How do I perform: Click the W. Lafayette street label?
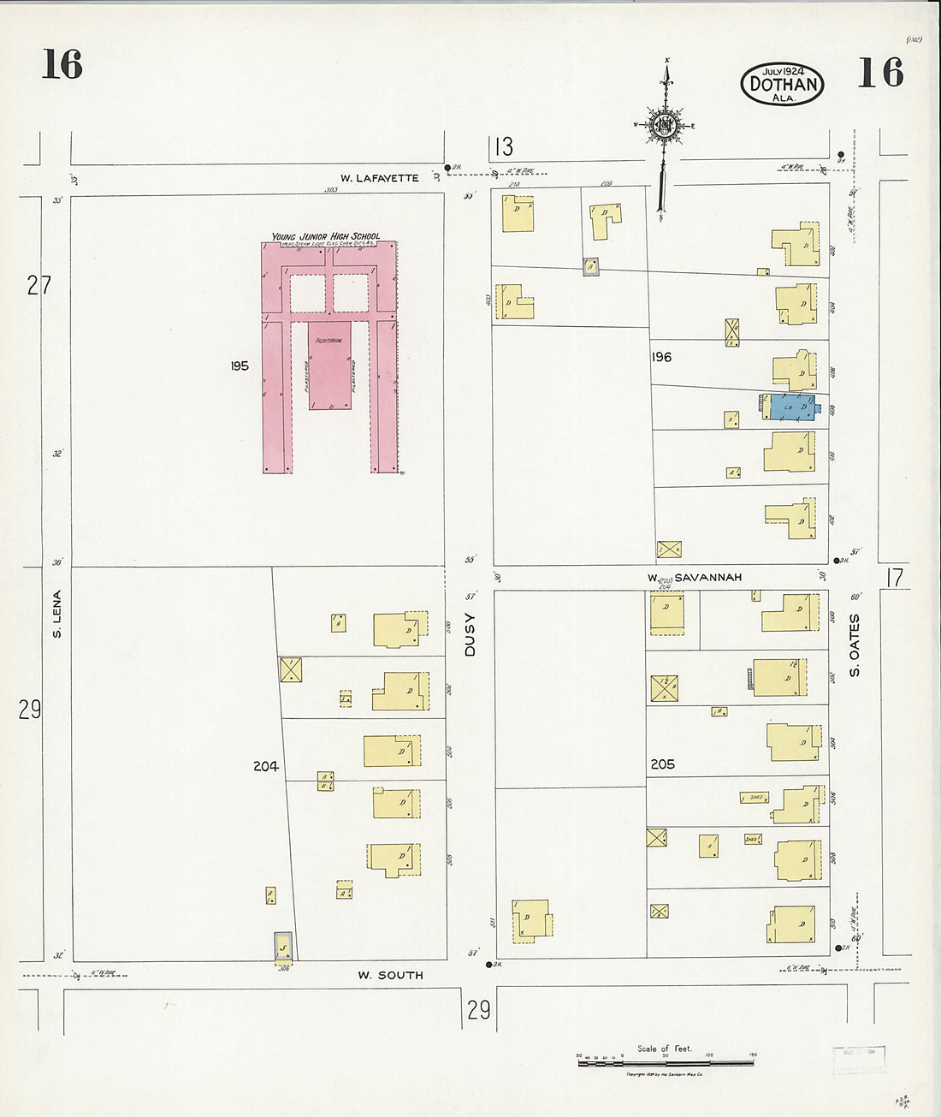point(379,178)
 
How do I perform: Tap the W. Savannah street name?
point(694,578)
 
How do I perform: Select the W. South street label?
point(390,975)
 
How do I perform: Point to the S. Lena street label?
point(57,614)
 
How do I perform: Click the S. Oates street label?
point(855,645)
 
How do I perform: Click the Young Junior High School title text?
point(326,236)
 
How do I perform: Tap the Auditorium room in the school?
point(328,364)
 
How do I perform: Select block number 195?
point(240,365)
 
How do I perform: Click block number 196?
point(661,357)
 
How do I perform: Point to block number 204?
point(265,766)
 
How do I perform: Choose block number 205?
point(662,764)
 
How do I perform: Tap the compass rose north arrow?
point(665,128)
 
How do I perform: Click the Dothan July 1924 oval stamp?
point(782,84)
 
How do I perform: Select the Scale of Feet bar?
point(666,1061)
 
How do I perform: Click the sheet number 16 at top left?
point(62,65)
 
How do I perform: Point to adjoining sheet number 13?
point(503,147)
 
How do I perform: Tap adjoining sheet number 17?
point(894,579)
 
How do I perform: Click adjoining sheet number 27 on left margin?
point(39,285)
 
